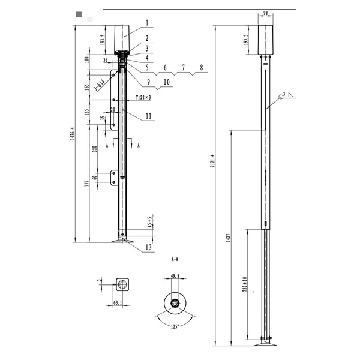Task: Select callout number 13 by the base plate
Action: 148,247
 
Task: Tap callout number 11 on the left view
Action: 148,115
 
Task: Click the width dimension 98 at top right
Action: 265,14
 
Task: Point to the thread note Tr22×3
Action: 143,97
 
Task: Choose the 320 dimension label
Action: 94,149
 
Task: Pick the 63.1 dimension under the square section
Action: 118,303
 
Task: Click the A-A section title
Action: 175,260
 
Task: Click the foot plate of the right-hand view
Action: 265,344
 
